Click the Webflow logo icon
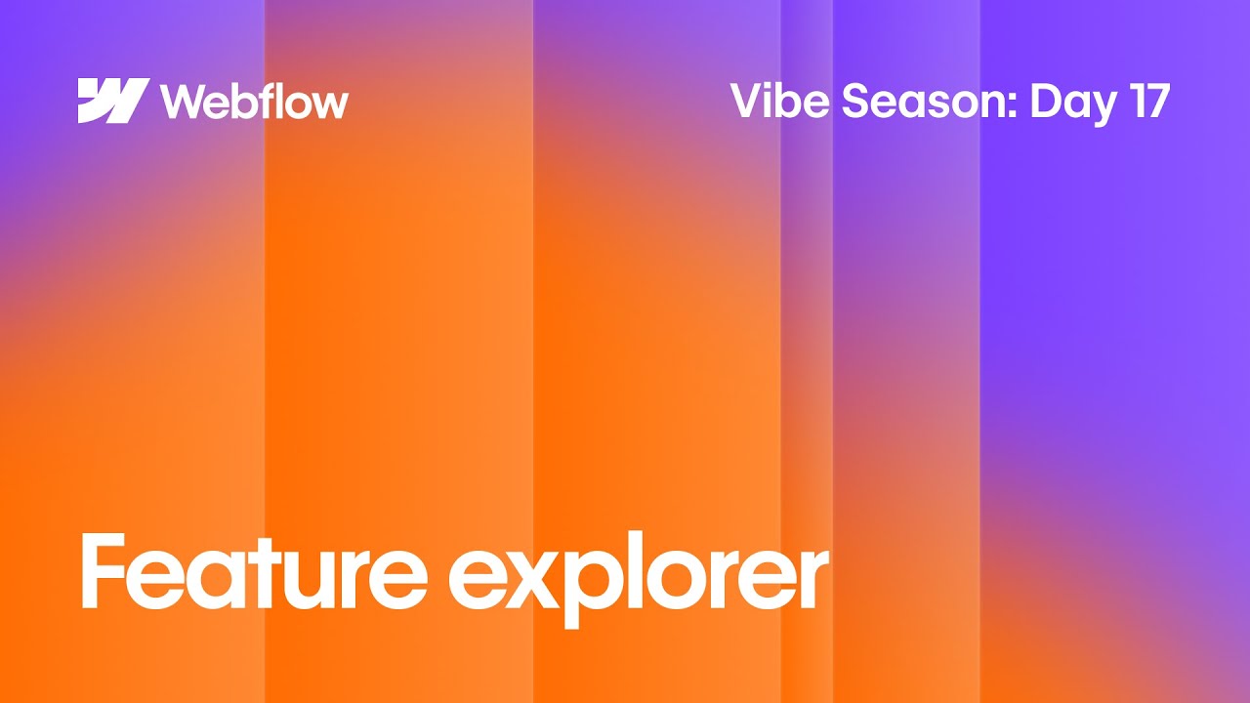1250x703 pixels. click(x=113, y=101)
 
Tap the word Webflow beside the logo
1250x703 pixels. click(x=254, y=101)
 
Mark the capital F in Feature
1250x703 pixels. click(x=103, y=572)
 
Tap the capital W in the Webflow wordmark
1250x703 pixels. click(x=182, y=101)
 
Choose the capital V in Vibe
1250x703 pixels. click(x=747, y=102)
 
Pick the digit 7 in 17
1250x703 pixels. click(x=1156, y=102)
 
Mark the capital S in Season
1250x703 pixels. click(x=855, y=102)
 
